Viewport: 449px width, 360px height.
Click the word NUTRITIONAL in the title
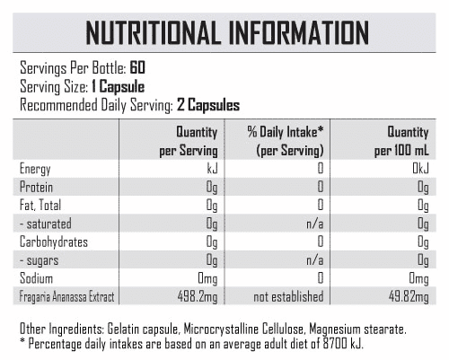152,33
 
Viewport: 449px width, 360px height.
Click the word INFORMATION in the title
299,33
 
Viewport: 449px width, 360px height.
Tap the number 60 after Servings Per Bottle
137,67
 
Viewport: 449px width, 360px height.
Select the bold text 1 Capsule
118,87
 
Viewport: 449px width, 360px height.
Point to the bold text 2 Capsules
208,105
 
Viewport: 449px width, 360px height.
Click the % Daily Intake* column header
286,141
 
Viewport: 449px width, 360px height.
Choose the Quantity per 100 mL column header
401,141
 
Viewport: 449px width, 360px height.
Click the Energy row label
35,169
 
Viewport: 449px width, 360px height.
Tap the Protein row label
36,187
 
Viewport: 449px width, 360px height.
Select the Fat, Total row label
40,206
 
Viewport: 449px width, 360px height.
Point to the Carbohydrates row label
54,242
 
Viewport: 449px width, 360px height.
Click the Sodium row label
36,278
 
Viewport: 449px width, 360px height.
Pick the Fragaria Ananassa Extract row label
66,297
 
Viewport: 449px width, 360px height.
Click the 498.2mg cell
198,297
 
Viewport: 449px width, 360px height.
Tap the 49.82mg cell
409,297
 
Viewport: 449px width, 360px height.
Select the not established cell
288,296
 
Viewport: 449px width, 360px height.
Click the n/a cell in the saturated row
315,224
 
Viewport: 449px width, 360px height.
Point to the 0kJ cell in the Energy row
420,169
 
